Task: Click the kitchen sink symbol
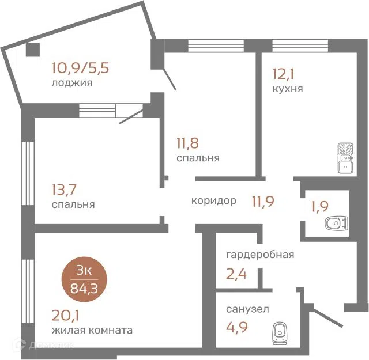pyautogui.click(x=345, y=158)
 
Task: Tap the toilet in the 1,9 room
pyautogui.click(x=337, y=222)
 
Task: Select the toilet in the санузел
pyautogui.click(x=280, y=333)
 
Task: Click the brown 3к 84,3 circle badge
pyautogui.click(x=84, y=279)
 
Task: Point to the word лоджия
pyautogui.click(x=71, y=84)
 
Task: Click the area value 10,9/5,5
pyautogui.click(x=80, y=68)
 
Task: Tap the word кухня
pyautogui.click(x=288, y=89)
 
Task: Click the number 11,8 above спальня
pyautogui.click(x=187, y=143)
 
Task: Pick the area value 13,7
pyautogui.click(x=64, y=190)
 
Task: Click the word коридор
pyautogui.click(x=214, y=201)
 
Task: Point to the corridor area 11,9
pyautogui.click(x=263, y=202)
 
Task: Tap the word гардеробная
pyautogui.click(x=260, y=255)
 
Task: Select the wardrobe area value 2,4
pyautogui.click(x=236, y=274)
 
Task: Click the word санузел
pyautogui.click(x=247, y=309)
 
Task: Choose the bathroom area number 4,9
pyautogui.click(x=237, y=327)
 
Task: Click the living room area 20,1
pyautogui.click(x=65, y=316)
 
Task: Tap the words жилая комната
pyautogui.click(x=92, y=331)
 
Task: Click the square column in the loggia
pyautogui.click(x=33, y=50)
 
